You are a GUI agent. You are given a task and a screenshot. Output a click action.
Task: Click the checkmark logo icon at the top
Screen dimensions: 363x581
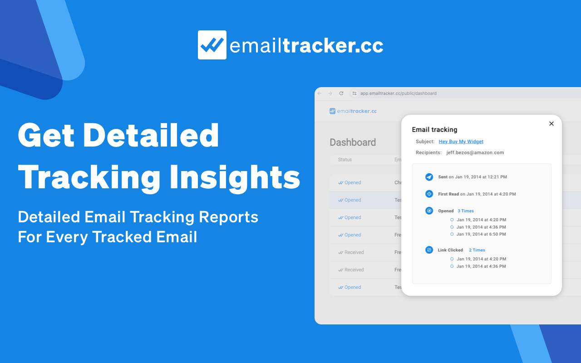tap(212, 45)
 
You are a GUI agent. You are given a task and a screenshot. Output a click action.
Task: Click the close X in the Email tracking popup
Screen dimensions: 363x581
tap(551, 123)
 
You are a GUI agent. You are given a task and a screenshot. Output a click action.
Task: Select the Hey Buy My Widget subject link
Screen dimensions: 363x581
tap(461, 142)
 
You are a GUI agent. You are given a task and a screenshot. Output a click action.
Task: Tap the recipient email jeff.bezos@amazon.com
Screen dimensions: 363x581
tap(475, 153)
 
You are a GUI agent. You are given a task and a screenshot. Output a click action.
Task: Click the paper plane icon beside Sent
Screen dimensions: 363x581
tap(429, 177)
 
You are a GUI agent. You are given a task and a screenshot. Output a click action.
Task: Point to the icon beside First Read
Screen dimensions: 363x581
tap(429, 194)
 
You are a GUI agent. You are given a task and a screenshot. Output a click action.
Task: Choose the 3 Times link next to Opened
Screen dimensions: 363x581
tap(465, 211)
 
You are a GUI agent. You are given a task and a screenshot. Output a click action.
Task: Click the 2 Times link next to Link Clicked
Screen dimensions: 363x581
tap(477, 250)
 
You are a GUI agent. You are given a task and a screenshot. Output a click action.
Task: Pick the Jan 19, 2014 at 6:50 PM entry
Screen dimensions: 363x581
tap(481, 235)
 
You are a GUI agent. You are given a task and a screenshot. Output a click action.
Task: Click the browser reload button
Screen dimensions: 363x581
tap(341, 93)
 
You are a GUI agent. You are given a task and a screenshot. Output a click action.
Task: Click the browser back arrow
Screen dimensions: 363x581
tap(319, 93)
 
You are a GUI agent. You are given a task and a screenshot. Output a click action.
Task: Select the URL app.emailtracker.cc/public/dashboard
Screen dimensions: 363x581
tap(398, 93)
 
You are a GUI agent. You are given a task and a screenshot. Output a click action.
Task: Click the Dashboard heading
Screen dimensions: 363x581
tap(353, 142)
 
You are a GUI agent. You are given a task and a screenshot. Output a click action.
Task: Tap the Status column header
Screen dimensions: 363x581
tap(345, 160)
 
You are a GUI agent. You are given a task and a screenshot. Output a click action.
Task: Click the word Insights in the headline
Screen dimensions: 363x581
tap(235, 177)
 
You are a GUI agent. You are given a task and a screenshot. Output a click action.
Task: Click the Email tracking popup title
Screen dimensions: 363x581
tap(434, 130)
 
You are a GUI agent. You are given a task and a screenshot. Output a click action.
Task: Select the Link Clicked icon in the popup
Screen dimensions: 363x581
tap(429, 250)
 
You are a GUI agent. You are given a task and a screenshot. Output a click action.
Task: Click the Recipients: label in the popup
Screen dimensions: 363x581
tap(428, 153)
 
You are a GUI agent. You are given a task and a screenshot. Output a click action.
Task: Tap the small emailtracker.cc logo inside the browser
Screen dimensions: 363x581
tap(353, 111)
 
